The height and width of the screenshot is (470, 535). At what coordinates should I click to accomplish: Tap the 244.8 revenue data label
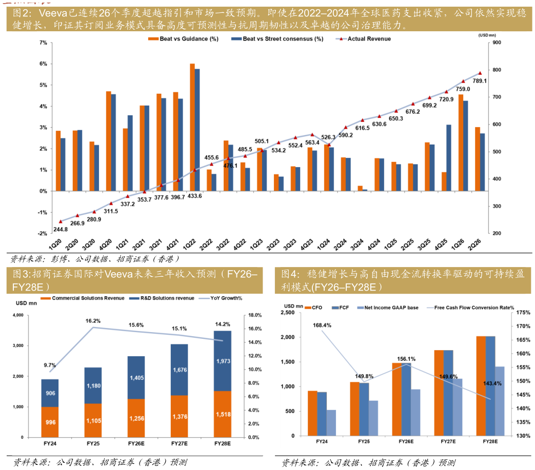tap(61, 230)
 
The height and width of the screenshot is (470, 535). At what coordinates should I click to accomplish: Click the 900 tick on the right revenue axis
tap(497, 43)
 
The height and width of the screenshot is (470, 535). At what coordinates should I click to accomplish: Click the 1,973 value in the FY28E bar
tap(223, 361)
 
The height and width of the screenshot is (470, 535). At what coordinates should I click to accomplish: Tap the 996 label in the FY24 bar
tap(50, 422)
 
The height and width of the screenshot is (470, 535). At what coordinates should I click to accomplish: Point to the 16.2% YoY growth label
tap(93, 321)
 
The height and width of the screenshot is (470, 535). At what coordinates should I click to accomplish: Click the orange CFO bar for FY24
tap(312, 413)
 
